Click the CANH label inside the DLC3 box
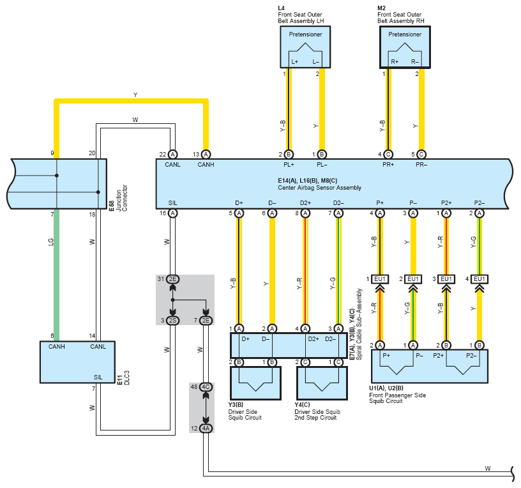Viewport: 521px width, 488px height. [56, 347]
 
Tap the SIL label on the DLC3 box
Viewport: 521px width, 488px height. [98, 377]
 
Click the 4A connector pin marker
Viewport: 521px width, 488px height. [206, 429]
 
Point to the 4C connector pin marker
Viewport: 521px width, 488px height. [206, 387]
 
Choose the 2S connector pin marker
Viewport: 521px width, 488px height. [173, 321]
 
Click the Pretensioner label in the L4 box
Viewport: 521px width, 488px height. [305, 34]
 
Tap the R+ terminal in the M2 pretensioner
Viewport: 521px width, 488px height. [395, 62]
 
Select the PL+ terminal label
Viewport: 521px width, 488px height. [289, 165]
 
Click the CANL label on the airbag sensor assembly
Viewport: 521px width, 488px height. [173, 165]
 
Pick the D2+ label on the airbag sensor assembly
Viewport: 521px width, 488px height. [305, 202]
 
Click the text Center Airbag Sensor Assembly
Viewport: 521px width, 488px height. [319, 188]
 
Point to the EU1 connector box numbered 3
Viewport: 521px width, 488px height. [446, 279]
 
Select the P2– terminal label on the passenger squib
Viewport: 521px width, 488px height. [471, 356]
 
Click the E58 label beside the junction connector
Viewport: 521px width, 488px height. [112, 206]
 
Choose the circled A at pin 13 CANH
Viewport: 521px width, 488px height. [206, 154]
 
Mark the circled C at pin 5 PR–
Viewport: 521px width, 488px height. [421, 154]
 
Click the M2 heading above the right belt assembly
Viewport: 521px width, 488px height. [381, 8]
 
